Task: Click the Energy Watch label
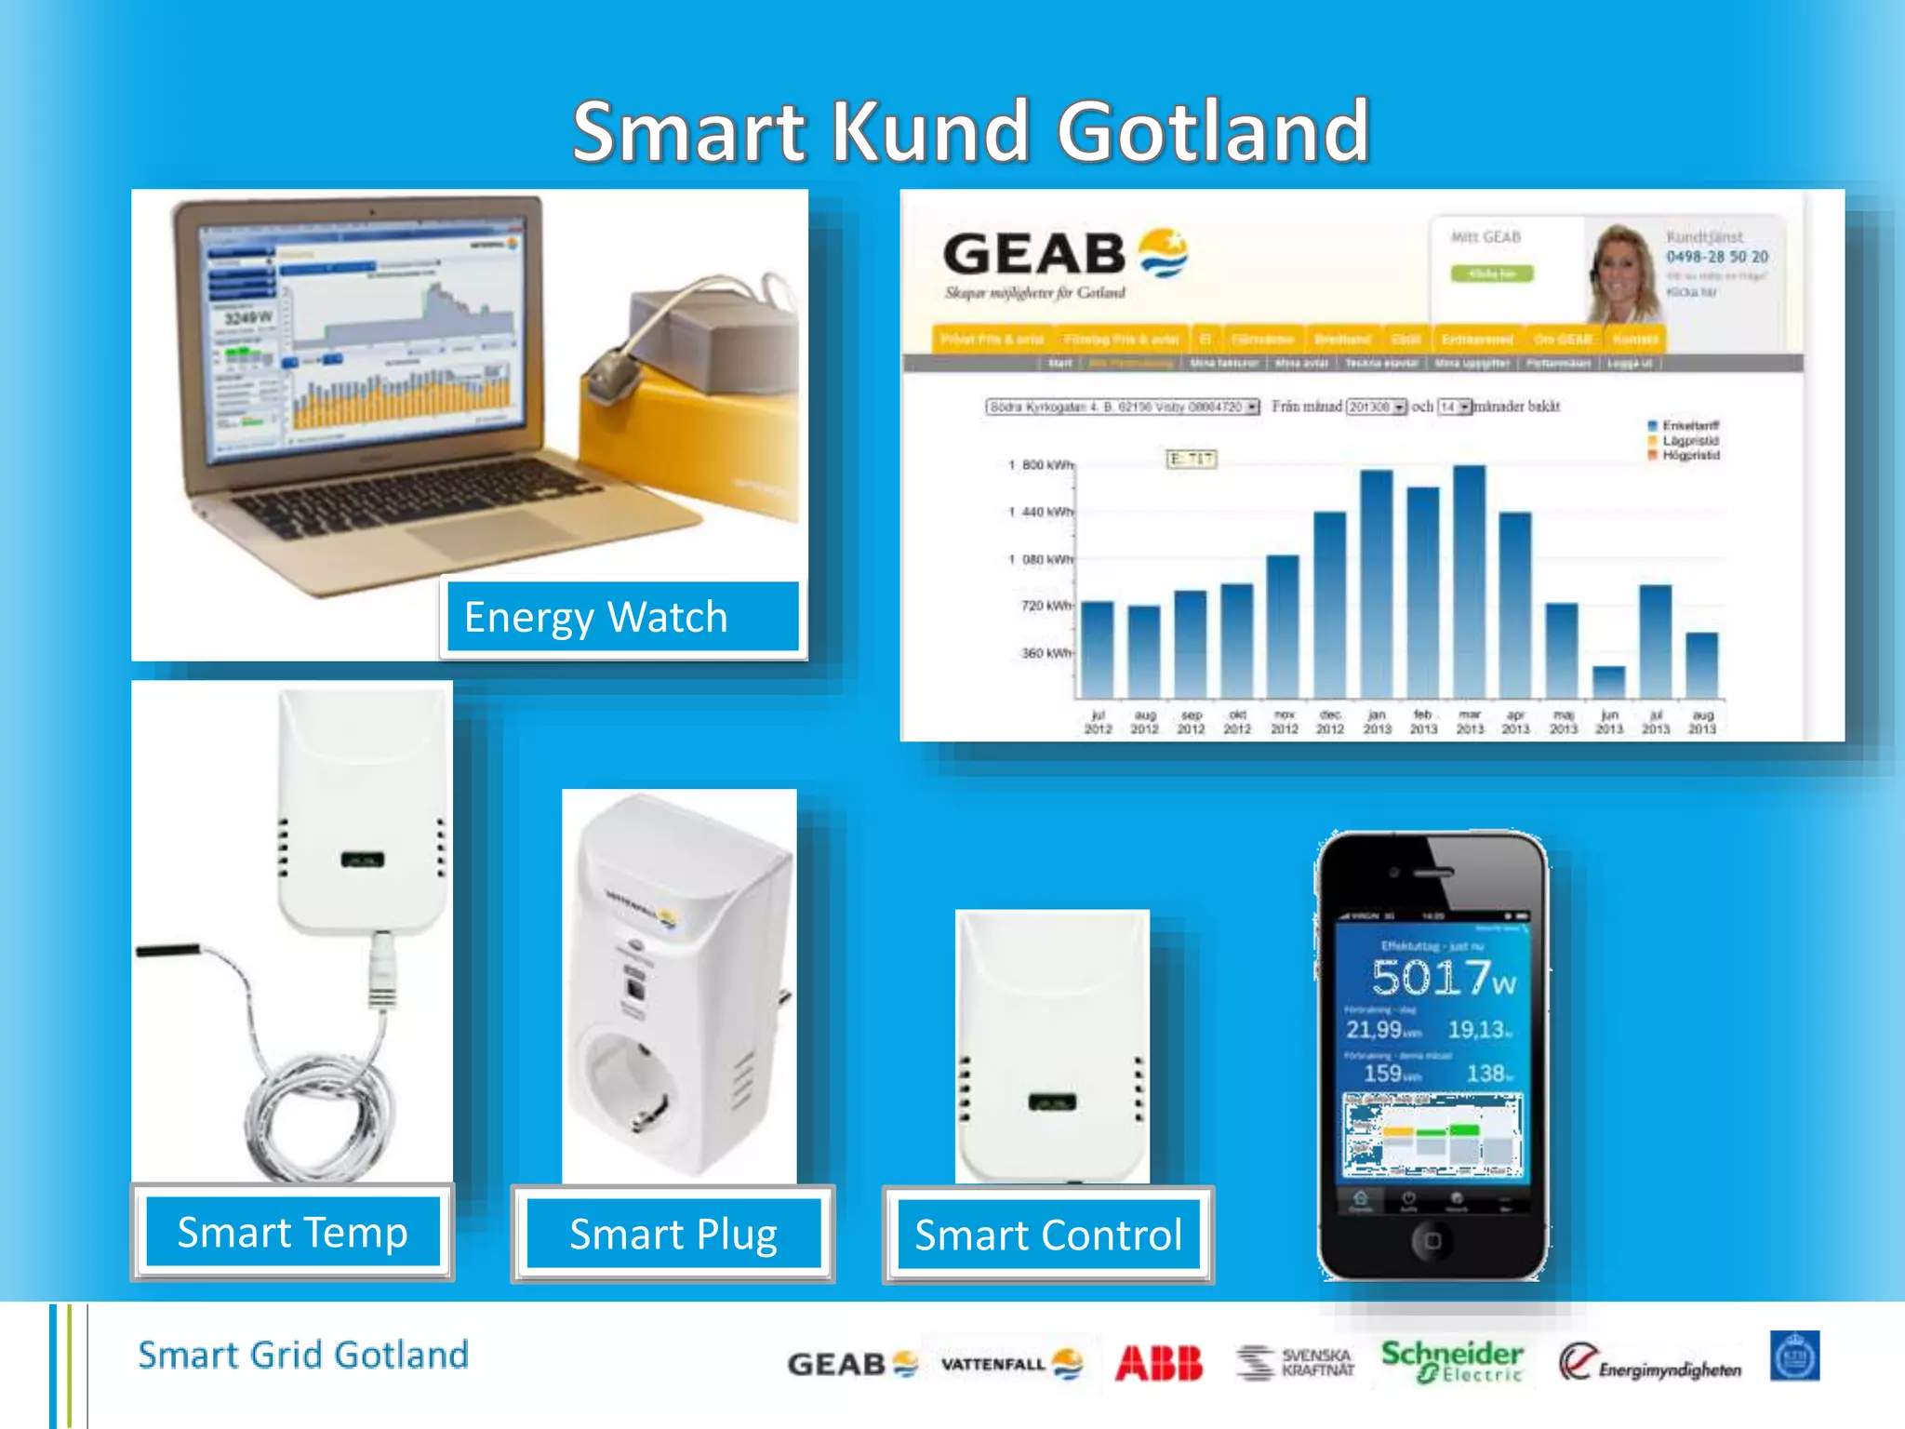pos(621,617)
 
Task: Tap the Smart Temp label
pos(292,1233)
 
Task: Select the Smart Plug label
pos(673,1235)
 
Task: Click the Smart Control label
pos(1048,1235)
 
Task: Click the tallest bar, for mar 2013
pos(1469,581)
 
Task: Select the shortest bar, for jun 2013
pos(1608,682)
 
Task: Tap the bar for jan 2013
pos(1376,584)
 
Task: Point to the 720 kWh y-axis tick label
pos(1046,606)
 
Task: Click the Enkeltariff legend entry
pos(1689,426)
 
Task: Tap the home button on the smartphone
pos(1432,1240)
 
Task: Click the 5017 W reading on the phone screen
pos(1443,978)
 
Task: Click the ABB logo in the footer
pos(1159,1363)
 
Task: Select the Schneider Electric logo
pos(1451,1360)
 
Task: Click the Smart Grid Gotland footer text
pos(303,1355)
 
